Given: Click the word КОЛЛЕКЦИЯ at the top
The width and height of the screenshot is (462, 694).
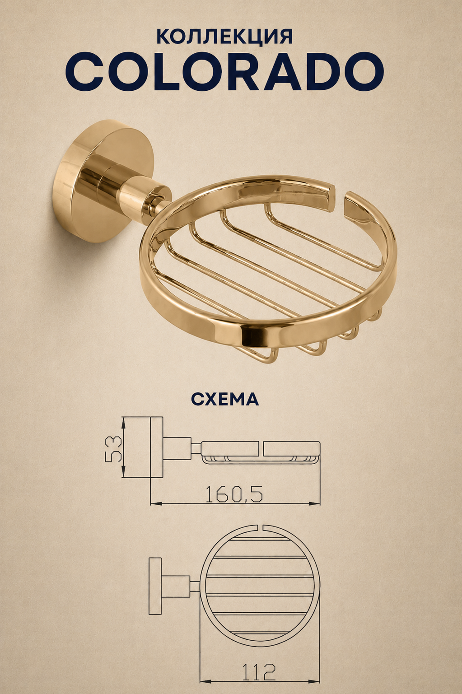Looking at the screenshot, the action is click(x=224, y=37).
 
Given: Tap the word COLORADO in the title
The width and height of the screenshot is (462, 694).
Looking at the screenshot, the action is click(x=224, y=72).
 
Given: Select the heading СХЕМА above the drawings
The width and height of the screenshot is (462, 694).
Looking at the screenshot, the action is click(x=225, y=399).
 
